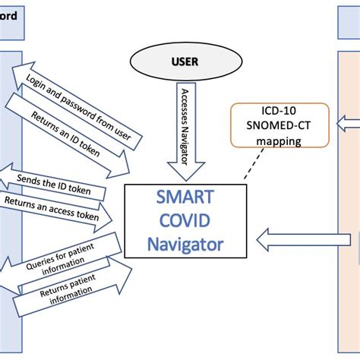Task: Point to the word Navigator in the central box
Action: pyautogui.click(x=184, y=245)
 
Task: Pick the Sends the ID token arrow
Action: pyautogui.click(x=53, y=182)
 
